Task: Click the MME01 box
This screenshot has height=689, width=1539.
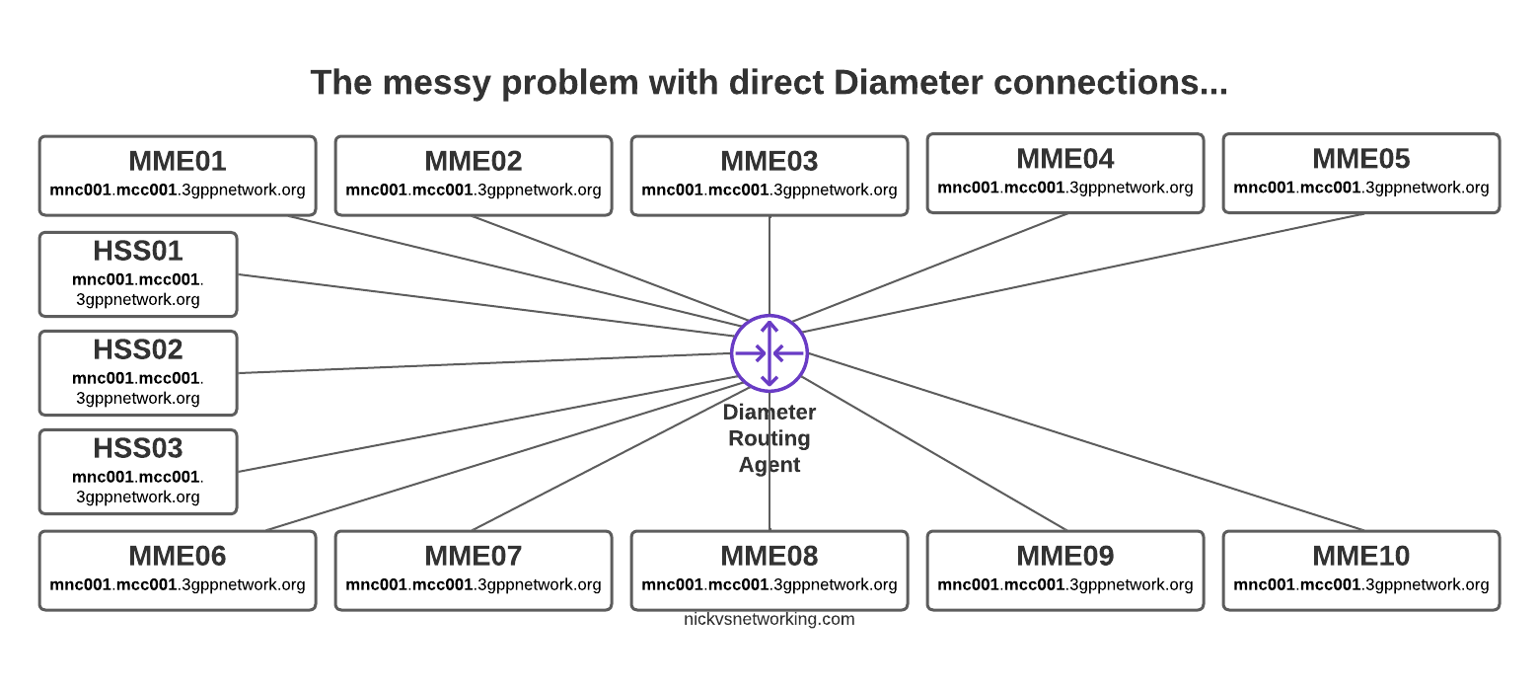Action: pyautogui.click(x=178, y=175)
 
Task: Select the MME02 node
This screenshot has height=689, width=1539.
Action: pyautogui.click(x=474, y=175)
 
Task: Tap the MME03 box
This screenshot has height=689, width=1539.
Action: pyautogui.click(x=769, y=175)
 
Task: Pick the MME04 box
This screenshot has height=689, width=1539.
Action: pyautogui.click(x=1065, y=173)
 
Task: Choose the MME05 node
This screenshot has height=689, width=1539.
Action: pyautogui.click(x=1361, y=173)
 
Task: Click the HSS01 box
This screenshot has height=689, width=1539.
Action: pyautogui.click(x=138, y=274)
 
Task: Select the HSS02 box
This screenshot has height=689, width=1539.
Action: pyautogui.click(x=138, y=373)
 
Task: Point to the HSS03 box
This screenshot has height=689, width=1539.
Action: pyautogui.click(x=138, y=472)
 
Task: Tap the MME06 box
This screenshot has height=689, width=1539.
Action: pyautogui.click(x=178, y=571)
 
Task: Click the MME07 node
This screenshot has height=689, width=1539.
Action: pyautogui.click(x=474, y=571)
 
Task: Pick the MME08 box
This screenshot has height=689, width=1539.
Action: pyautogui.click(x=769, y=571)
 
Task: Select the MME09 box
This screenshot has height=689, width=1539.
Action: pyautogui.click(x=1065, y=571)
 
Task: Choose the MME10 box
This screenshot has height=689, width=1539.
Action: pyautogui.click(x=1361, y=571)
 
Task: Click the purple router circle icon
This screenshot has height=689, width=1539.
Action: pyautogui.click(x=769, y=352)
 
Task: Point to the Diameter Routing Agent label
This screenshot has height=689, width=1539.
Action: pyautogui.click(x=769, y=438)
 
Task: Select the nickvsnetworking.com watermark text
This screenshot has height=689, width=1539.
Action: pyautogui.click(x=769, y=620)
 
